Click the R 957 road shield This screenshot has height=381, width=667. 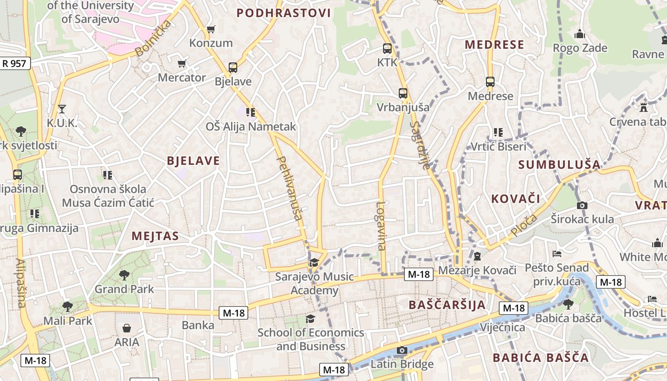tap(15, 63)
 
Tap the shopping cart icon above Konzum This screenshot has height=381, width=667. tap(211, 30)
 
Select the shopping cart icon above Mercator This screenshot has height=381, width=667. tap(182, 63)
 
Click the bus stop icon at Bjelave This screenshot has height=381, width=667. tap(233, 68)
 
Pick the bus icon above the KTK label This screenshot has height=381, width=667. tap(387, 49)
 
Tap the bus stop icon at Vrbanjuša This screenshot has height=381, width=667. tap(403, 93)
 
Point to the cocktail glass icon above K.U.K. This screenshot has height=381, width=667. tap(61, 109)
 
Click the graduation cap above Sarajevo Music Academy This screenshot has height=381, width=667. tap(314, 262)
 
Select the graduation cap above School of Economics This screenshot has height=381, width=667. tap(310, 319)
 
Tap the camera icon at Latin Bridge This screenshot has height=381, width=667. tap(402, 351)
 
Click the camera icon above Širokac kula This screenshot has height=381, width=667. tap(582, 206)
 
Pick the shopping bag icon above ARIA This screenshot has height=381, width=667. tap(127, 328)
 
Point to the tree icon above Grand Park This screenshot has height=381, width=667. tap(124, 275)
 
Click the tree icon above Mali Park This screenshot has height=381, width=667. tap(67, 306)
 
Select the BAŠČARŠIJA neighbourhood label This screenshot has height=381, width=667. tap(447, 305)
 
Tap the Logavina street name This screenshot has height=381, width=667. tap(381, 226)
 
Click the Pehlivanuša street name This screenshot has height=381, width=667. tap(290, 188)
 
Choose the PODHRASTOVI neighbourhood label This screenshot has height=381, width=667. tap(283, 13)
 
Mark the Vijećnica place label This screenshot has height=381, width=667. tap(502, 327)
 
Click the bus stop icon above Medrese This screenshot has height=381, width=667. tap(490, 82)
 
